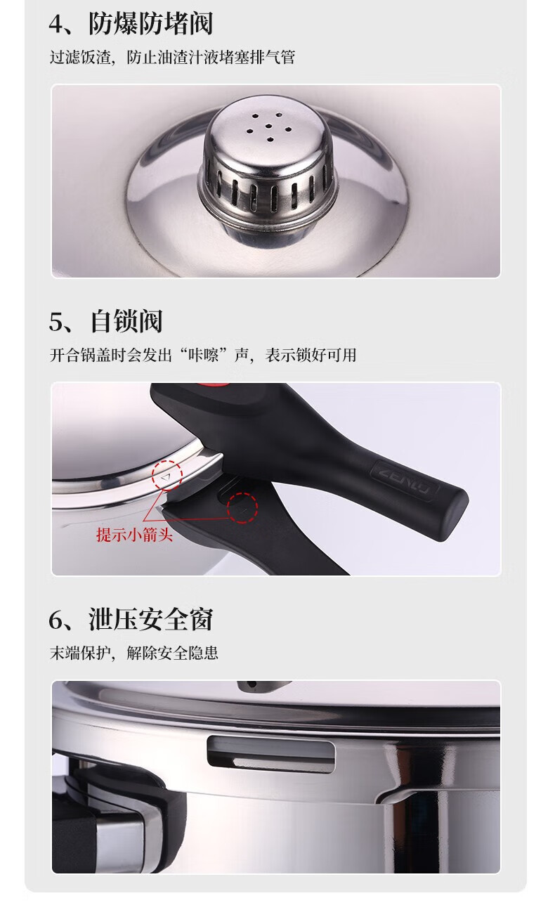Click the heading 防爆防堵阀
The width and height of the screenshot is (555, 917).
(150, 24)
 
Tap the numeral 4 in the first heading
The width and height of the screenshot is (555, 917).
(56, 25)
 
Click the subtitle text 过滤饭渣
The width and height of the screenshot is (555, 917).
(80, 58)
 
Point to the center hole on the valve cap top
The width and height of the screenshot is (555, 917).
(269, 126)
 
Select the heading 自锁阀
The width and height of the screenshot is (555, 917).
(126, 321)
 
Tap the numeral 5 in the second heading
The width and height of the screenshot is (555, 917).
(56, 322)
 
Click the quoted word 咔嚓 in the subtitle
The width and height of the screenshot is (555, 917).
(203, 355)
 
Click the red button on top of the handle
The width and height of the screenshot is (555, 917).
(214, 385)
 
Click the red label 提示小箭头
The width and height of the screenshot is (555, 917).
(135, 534)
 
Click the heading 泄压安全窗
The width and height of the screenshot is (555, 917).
(151, 620)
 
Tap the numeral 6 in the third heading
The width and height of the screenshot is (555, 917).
(56, 620)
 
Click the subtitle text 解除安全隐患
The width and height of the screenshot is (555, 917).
(172, 653)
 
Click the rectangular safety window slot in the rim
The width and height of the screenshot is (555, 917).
(271, 754)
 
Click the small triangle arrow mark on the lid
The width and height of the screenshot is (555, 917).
(165, 478)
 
